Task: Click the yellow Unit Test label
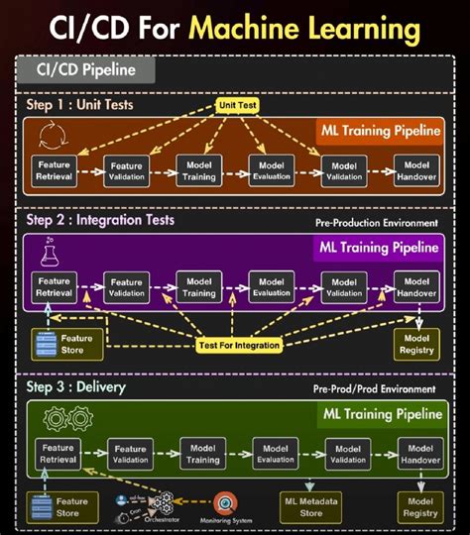[238, 103]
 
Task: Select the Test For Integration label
[238, 345]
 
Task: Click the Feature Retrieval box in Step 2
[55, 287]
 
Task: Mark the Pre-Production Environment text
[376, 223]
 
